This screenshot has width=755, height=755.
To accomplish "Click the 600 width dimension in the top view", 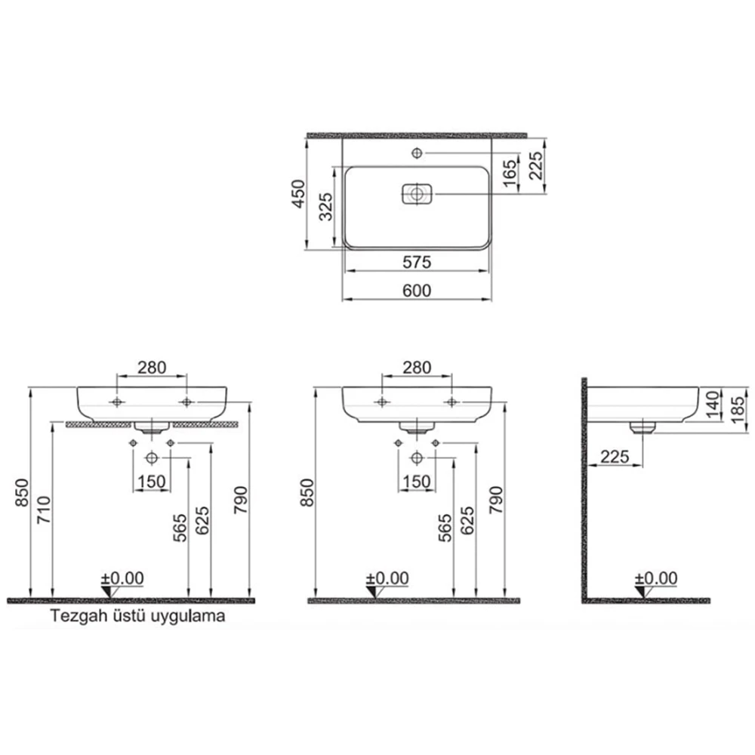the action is click(x=417, y=291).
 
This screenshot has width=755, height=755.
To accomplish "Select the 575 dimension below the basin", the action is click(x=417, y=262).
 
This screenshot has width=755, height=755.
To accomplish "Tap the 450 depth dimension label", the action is click(x=299, y=194).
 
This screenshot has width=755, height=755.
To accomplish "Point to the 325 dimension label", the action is click(x=326, y=207).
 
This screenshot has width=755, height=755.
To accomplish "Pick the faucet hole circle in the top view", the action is click(x=417, y=153).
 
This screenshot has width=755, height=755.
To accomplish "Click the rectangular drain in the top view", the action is click(x=417, y=194).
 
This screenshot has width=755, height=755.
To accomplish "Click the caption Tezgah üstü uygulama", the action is click(x=138, y=616).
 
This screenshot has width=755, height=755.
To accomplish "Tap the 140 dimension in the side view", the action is click(x=713, y=404).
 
